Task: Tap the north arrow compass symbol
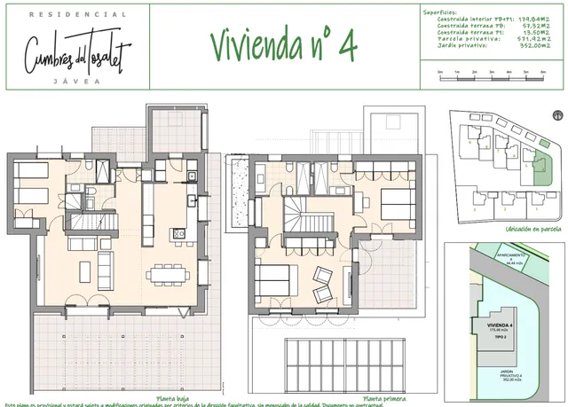coord(556,115)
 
